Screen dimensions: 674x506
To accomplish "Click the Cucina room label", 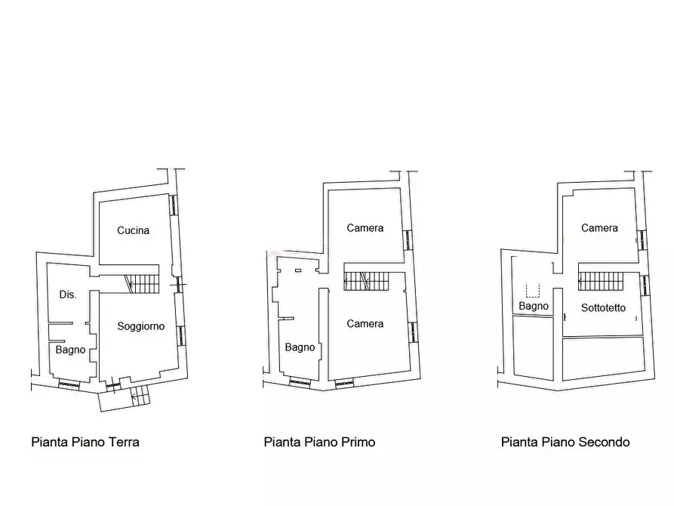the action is click(x=134, y=230).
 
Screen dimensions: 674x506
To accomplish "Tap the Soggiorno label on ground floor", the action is click(x=141, y=326).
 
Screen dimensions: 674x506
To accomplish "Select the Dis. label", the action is click(x=68, y=295).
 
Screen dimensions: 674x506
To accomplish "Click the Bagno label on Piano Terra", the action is click(x=70, y=350).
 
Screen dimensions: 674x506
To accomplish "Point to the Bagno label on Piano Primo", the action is click(x=300, y=347).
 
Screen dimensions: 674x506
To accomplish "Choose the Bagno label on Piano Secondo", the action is click(x=534, y=306).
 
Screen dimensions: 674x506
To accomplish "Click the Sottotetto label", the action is click(x=604, y=307).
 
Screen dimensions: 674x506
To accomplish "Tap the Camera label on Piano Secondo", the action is click(x=599, y=228).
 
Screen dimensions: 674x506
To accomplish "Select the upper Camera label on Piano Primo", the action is click(x=365, y=228).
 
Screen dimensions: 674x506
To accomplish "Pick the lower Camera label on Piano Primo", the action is click(x=365, y=323).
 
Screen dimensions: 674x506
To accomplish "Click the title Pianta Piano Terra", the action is click(x=85, y=443).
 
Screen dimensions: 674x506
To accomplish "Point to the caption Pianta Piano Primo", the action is click(x=319, y=443).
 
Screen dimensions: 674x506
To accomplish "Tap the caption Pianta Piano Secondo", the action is click(x=565, y=443).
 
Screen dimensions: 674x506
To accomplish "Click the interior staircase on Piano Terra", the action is click(x=142, y=284).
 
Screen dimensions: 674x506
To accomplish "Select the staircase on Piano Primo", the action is click(x=366, y=282).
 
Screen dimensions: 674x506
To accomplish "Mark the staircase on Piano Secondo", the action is click(x=601, y=282).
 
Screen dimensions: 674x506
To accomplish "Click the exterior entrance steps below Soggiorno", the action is click(x=140, y=395).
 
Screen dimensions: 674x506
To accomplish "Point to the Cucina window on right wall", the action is click(x=174, y=205).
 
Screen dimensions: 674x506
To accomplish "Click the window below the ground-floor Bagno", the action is click(x=69, y=384).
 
